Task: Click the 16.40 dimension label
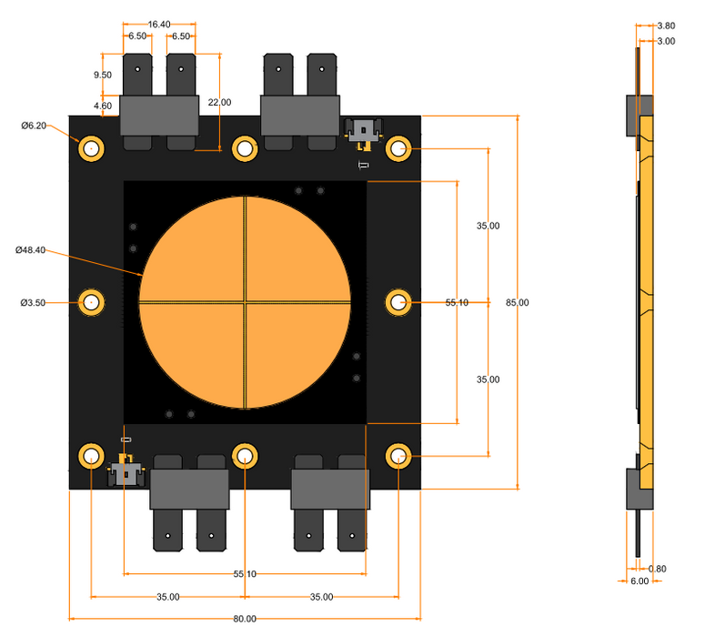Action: [158, 24]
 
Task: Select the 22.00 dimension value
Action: [220, 102]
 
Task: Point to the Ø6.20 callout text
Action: [34, 126]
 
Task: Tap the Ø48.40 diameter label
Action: [31, 249]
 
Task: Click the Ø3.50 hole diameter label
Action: [34, 302]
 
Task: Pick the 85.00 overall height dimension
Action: [517, 302]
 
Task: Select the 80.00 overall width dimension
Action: [244, 619]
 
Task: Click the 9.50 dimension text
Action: [102, 76]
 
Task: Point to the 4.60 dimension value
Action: [102, 106]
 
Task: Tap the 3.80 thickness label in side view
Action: [666, 26]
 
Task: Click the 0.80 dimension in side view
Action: [657, 569]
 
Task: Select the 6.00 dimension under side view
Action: [640, 581]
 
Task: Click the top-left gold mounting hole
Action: [92, 147]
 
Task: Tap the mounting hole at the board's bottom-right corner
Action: [398, 455]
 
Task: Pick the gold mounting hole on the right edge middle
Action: [398, 301]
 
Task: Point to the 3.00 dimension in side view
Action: [666, 42]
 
